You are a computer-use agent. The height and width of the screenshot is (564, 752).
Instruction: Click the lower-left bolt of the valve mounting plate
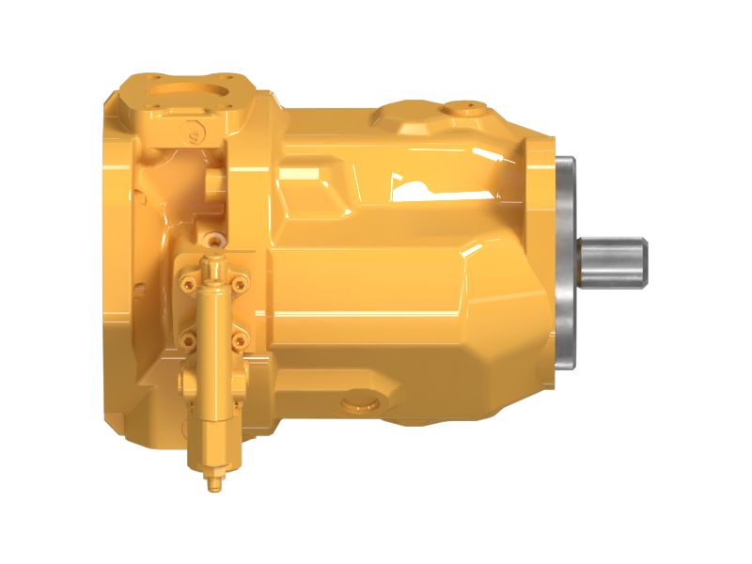pos(188,337)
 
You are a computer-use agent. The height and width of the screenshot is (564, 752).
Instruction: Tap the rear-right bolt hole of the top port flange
pos(226,75)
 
